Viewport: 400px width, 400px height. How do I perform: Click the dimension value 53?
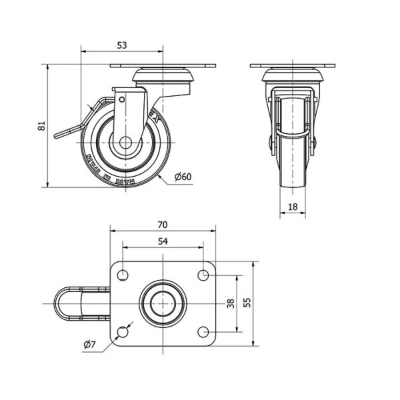click(x=122, y=45)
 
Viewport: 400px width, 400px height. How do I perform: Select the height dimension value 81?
click(x=41, y=125)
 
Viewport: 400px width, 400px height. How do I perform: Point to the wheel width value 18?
click(x=293, y=207)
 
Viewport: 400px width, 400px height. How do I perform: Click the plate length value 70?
click(x=163, y=225)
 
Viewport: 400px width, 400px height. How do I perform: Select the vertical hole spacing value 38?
click(x=231, y=303)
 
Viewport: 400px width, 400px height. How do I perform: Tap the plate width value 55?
click(x=247, y=303)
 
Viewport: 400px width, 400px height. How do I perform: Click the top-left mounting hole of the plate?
click(x=123, y=274)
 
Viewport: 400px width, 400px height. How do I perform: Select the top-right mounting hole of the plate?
click(x=204, y=274)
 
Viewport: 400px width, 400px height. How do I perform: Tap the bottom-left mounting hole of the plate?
click(x=123, y=332)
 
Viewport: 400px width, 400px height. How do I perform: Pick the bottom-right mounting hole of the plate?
click(x=204, y=332)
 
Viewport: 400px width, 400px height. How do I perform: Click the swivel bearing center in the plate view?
click(x=163, y=303)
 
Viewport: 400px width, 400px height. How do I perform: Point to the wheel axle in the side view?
click(x=126, y=142)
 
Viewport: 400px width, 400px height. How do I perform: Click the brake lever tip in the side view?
click(x=59, y=135)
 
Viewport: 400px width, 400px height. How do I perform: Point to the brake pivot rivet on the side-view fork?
click(x=123, y=99)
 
